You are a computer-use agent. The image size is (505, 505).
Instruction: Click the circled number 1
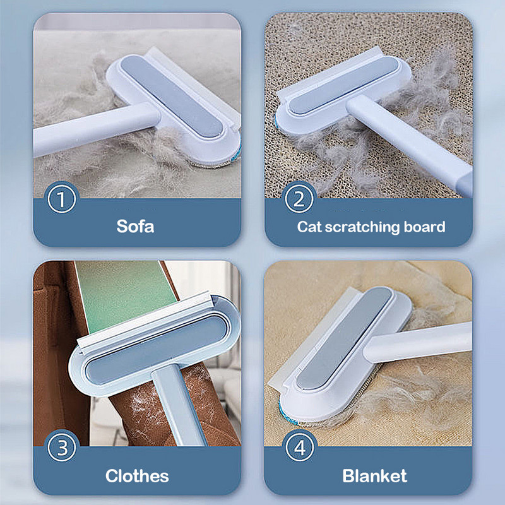click(x=61, y=199)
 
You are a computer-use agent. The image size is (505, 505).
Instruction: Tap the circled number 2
click(x=299, y=199)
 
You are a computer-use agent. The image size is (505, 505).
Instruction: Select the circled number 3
click(x=61, y=447)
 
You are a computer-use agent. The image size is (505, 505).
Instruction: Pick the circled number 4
click(x=299, y=447)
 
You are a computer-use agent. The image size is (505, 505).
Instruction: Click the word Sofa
click(x=135, y=227)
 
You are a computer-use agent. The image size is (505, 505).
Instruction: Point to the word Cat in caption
click(x=309, y=227)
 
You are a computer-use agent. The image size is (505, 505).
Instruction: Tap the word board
click(x=424, y=227)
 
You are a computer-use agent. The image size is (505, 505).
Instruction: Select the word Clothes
click(x=137, y=476)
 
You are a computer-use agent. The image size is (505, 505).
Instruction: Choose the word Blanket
click(x=374, y=476)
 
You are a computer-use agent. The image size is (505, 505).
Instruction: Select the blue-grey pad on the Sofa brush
click(x=172, y=96)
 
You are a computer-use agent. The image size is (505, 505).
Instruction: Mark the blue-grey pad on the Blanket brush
click(x=344, y=338)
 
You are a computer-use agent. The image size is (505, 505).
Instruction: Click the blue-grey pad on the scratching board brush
click(x=343, y=85)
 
